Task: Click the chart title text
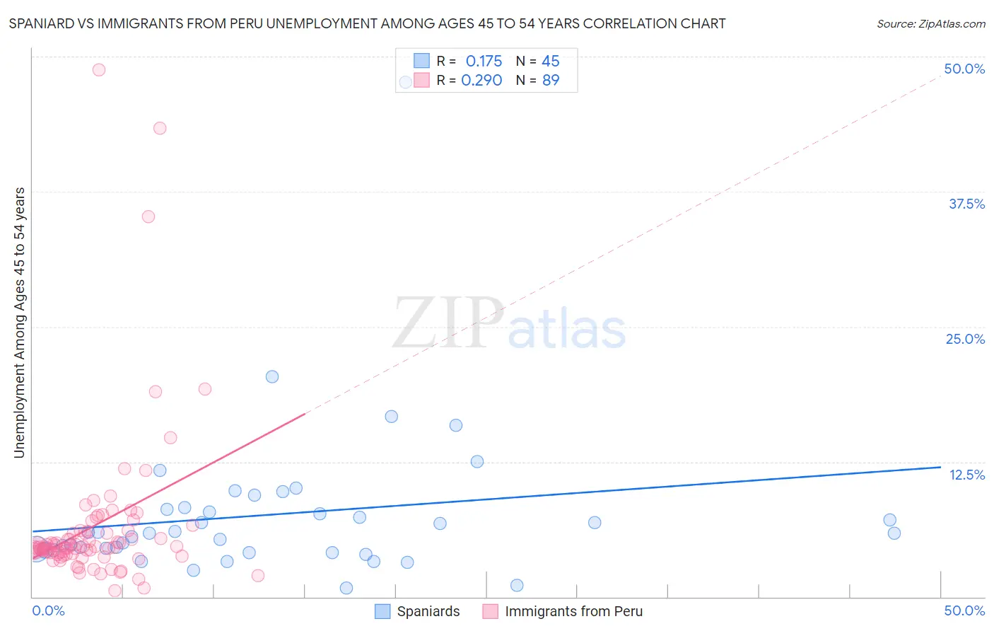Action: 367,23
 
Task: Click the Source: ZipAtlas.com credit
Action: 930,23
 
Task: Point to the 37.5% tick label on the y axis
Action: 966,204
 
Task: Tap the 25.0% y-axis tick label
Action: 965,339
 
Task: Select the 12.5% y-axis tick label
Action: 966,475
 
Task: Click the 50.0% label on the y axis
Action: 964,69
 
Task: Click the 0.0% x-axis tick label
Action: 48,610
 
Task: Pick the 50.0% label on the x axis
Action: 964,610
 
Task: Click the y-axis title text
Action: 20,323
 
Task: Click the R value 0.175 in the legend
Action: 484,62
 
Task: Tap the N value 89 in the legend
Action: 551,81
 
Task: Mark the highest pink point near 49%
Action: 99,69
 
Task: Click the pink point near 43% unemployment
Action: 160,128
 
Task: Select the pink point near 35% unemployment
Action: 148,216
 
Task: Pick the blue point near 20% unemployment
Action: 272,376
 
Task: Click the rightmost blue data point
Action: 894,533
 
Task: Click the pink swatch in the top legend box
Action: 421,80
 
